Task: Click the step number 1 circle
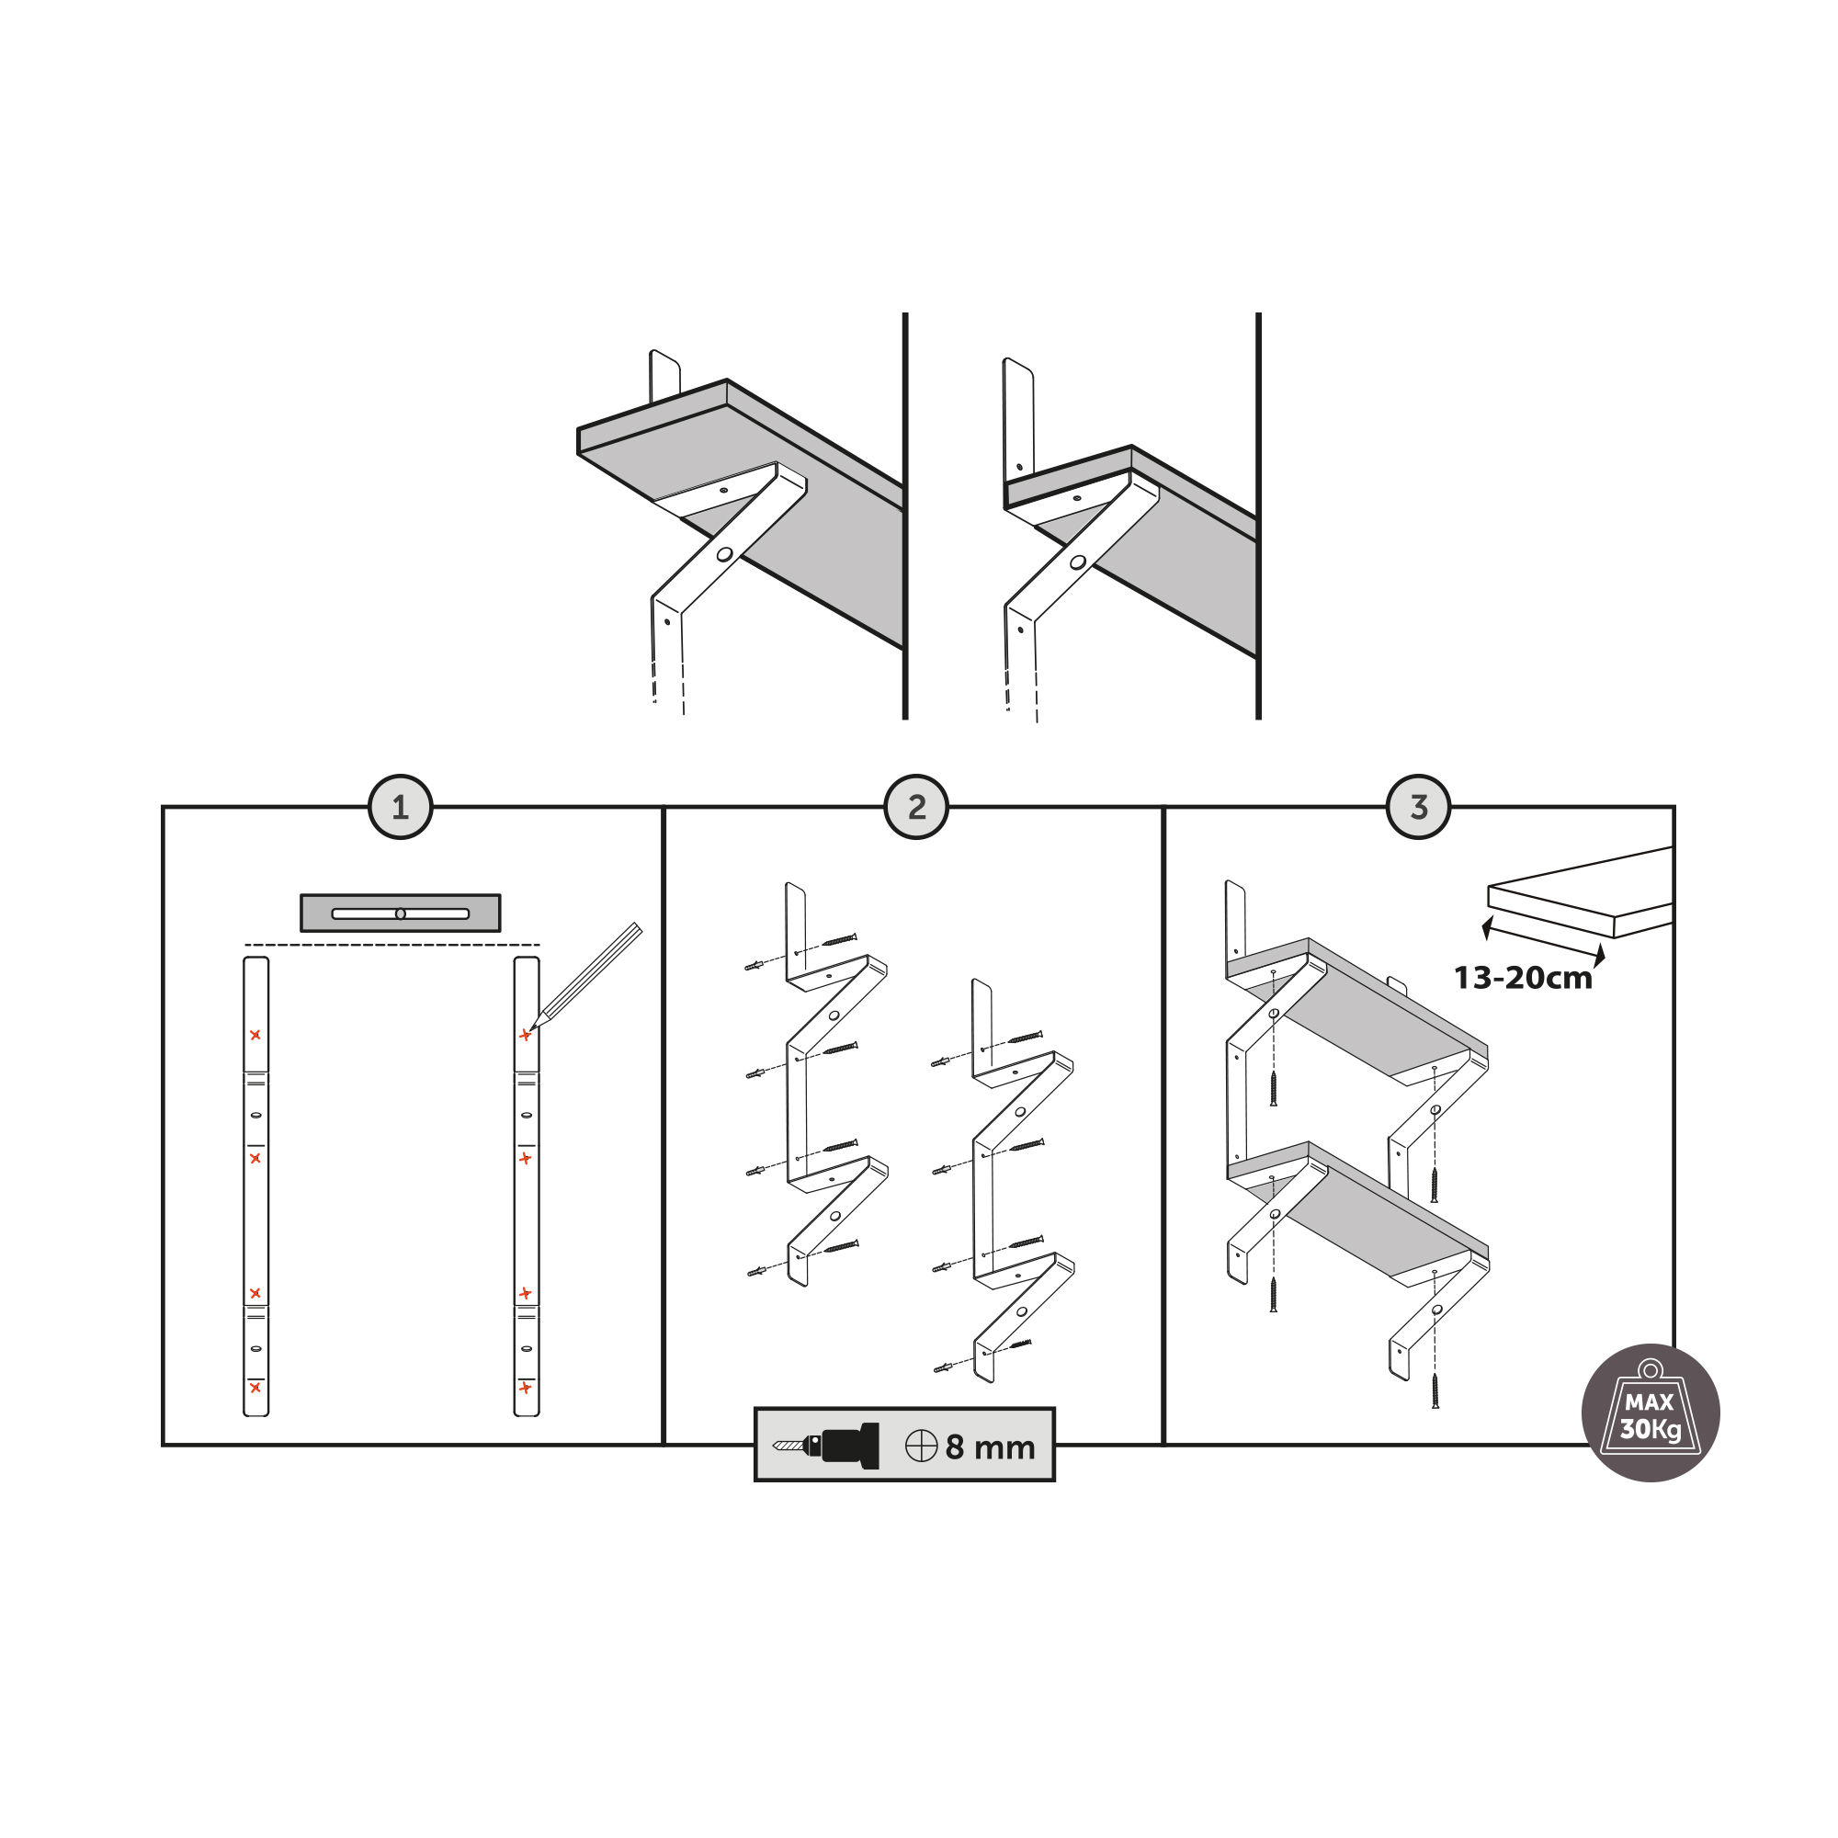pyautogui.click(x=401, y=808)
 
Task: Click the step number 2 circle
pyautogui.click(x=916, y=808)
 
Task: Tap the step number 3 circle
pyautogui.click(x=1418, y=808)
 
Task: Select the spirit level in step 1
pyautogui.click(x=401, y=913)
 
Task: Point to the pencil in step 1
pyautogui.click(x=588, y=974)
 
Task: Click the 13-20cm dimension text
pyautogui.click(x=1522, y=978)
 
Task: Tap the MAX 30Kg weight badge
pyautogui.click(x=1650, y=1413)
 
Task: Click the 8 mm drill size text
pyautogui.click(x=990, y=1448)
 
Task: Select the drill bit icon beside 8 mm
pyautogui.click(x=826, y=1446)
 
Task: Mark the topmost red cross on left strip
pyautogui.click(x=255, y=1035)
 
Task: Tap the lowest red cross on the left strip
pyautogui.click(x=255, y=1387)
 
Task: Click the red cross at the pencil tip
pyautogui.click(x=524, y=1035)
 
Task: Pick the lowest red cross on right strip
pyautogui.click(x=525, y=1388)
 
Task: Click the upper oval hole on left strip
pyautogui.click(x=255, y=1115)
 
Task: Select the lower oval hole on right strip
pyautogui.click(x=526, y=1348)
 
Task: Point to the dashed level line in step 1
pyautogui.click(x=392, y=945)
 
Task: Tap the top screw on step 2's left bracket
pyautogui.click(x=840, y=940)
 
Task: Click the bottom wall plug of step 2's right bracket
pyautogui.click(x=942, y=1368)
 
